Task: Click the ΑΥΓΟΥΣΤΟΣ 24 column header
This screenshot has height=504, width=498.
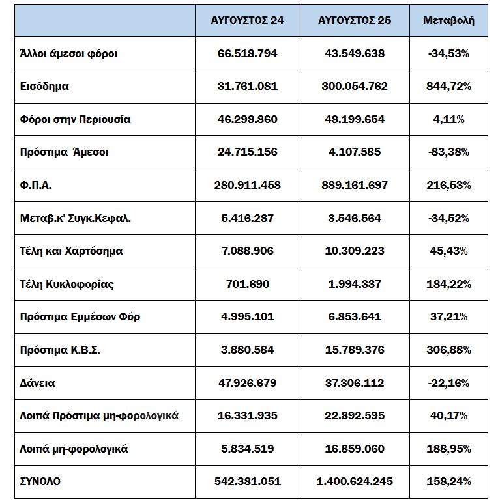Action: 247,20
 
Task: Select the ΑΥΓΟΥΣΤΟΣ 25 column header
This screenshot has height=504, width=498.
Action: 355,20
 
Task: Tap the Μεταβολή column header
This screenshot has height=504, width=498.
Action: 449,20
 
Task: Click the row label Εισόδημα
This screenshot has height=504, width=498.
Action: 44,86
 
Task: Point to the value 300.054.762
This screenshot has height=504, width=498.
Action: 355,86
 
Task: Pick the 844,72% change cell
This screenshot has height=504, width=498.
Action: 449,86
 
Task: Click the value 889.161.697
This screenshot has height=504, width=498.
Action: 355,185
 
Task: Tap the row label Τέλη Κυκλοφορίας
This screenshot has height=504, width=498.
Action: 68,284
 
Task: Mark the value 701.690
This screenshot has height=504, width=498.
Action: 247,284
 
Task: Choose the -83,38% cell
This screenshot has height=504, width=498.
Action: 449,152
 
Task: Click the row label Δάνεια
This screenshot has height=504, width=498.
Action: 38,383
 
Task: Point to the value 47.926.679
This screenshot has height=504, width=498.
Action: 247,383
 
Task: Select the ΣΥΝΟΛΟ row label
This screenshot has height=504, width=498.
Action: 40,482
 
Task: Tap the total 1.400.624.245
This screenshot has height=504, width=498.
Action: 355,482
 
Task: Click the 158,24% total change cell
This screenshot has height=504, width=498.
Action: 449,482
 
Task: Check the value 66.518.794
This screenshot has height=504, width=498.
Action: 247,53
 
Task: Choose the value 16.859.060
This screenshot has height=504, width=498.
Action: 355,449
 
